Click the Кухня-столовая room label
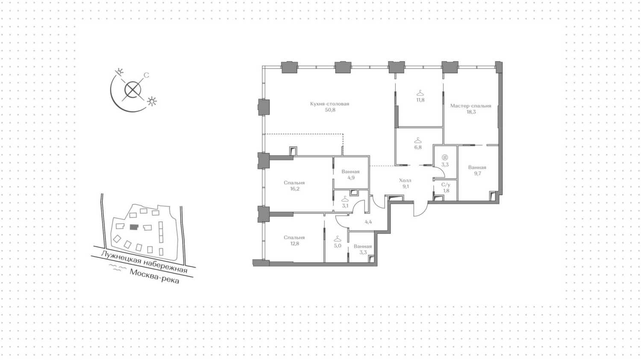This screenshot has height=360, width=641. [329, 104]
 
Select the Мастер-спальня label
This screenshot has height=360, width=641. [470, 106]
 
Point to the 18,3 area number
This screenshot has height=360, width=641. [471, 112]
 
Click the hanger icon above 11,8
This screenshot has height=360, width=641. [420, 93]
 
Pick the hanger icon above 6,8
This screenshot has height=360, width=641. [418, 140]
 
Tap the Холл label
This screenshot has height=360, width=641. [405, 180]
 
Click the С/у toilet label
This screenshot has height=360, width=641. [446, 185]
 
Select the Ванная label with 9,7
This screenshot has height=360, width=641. [477, 168]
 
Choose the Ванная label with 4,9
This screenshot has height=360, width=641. [350, 172]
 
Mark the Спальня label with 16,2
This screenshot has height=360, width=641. [294, 183]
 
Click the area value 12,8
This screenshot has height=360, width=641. [294, 244]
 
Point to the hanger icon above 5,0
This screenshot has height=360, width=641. [338, 239]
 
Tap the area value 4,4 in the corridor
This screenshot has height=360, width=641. [368, 222]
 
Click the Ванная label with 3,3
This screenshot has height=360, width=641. [363, 246]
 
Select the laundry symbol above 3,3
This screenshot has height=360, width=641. [445, 157]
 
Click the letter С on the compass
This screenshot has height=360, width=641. [146, 75]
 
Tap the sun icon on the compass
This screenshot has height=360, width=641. [152, 101]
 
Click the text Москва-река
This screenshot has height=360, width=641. [154, 277]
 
